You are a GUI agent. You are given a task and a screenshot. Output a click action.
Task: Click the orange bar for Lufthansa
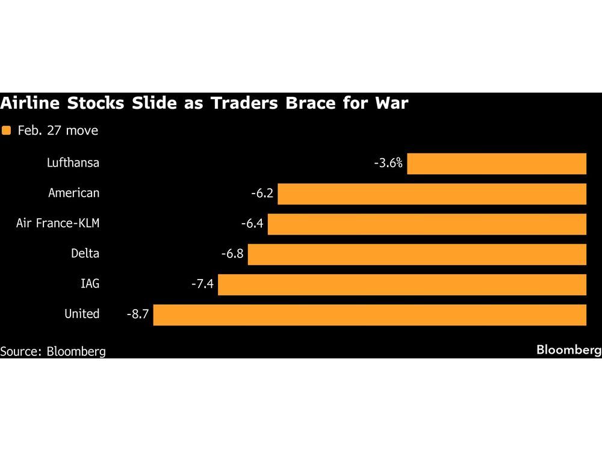[x=497, y=164]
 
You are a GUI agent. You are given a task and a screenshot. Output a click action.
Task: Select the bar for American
[x=432, y=194]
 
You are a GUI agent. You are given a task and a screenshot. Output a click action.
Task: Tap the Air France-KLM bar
[x=427, y=224]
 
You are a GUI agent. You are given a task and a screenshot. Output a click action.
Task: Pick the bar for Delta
[x=417, y=254]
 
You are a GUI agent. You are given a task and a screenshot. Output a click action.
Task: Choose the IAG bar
[x=402, y=284]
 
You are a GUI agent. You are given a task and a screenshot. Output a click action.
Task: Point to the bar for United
[x=370, y=314]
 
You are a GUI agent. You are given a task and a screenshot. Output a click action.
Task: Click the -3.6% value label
[x=388, y=163]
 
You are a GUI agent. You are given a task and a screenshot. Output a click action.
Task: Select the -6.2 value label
[x=262, y=194]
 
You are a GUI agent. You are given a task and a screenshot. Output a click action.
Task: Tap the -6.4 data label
[x=252, y=224]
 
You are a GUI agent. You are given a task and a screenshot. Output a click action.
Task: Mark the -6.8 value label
[x=232, y=254]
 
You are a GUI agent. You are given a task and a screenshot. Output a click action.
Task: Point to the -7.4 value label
[x=202, y=284]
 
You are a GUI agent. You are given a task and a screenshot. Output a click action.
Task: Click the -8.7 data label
[x=137, y=314]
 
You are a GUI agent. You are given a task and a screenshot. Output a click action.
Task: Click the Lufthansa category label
[x=73, y=163]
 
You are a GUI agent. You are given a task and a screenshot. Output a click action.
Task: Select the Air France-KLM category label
[x=58, y=224]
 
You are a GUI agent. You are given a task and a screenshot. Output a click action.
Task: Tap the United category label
[x=82, y=314]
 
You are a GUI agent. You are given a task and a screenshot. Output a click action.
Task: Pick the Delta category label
[x=85, y=254]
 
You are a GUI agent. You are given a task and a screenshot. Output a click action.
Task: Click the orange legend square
[x=7, y=130]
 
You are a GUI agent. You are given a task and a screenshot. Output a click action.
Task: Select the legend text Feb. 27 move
[x=58, y=130]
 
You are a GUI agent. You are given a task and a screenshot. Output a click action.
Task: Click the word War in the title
[x=390, y=103]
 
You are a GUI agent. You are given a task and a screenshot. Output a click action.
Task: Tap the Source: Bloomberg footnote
[x=53, y=351]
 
